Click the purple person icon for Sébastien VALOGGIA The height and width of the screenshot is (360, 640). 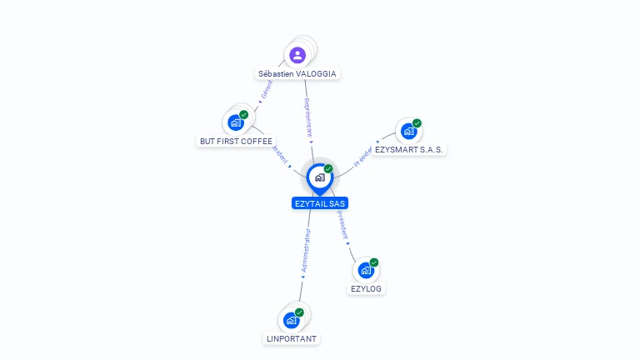pyautogui.click(x=297, y=55)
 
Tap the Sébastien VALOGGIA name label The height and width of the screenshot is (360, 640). pyautogui.click(x=297, y=73)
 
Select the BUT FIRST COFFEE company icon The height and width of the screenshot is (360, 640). pyautogui.click(x=236, y=122)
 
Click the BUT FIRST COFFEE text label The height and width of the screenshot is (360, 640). pyautogui.click(x=236, y=141)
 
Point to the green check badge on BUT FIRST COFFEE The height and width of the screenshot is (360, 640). pyautogui.click(x=244, y=114)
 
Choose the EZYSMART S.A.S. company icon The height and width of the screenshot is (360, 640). pyautogui.click(x=408, y=131)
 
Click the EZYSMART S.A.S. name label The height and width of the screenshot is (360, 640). pyautogui.click(x=409, y=149)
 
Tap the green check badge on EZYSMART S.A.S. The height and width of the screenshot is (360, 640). pyautogui.click(x=417, y=123)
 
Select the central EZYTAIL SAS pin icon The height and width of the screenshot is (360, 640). pyautogui.click(x=319, y=177)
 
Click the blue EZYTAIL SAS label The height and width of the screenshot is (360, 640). pyautogui.click(x=320, y=203)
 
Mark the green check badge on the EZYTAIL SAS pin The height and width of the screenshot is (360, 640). pyautogui.click(x=328, y=168)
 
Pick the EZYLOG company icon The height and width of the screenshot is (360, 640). pyautogui.click(x=366, y=270)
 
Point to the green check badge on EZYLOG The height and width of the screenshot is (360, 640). pyautogui.click(x=374, y=262)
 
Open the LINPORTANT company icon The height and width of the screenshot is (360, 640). pyautogui.click(x=291, y=320)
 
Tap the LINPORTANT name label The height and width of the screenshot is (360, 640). pyautogui.click(x=292, y=338)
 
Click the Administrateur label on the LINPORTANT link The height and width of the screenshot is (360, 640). pyautogui.click(x=306, y=252)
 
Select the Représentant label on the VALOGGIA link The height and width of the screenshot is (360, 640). pyautogui.click(x=307, y=117)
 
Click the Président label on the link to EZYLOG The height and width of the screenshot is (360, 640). pyautogui.click(x=342, y=225)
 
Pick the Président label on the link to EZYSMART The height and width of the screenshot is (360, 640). pyautogui.click(x=363, y=157)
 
